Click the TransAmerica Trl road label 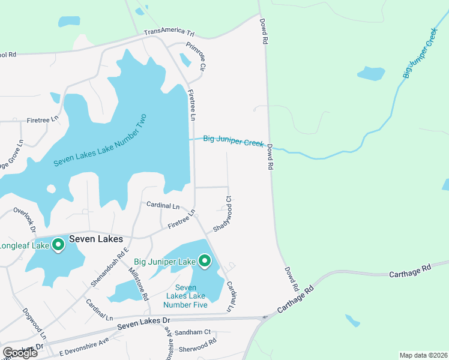pos(170,32)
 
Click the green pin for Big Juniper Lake pos(205,260)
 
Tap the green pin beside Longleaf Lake pos(58,244)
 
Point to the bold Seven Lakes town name pos(96,238)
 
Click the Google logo pos(20,352)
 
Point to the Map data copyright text pos(423,355)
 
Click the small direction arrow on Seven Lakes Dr pos(264,317)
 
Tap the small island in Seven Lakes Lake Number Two pos(51,189)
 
